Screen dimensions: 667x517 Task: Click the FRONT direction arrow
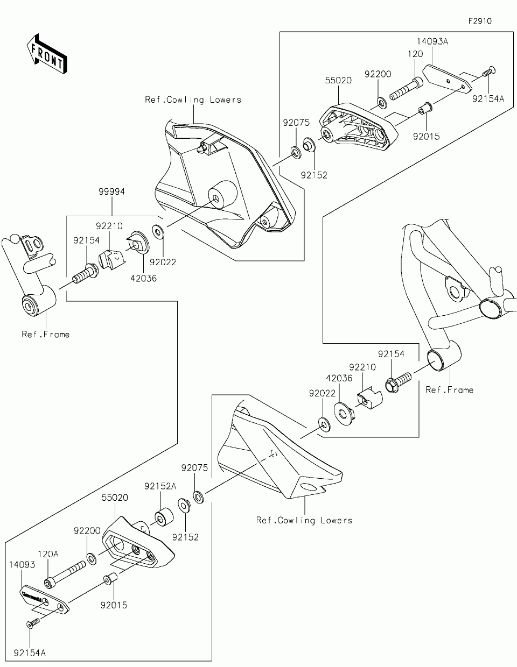(46, 53)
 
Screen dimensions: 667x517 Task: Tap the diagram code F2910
(480, 22)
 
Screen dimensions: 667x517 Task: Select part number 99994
(111, 191)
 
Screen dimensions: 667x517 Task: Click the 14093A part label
(431, 41)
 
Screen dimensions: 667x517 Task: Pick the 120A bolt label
(48, 553)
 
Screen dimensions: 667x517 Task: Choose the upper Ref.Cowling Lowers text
(193, 100)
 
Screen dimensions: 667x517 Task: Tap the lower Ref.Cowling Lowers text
(304, 520)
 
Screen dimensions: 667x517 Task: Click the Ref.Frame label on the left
(45, 334)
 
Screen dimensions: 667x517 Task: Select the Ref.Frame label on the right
(449, 389)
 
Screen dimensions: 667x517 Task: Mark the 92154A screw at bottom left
(33, 623)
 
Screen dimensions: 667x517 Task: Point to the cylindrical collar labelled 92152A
(163, 515)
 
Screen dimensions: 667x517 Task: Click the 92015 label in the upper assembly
(427, 136)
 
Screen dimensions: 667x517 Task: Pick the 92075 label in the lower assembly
(194, 468)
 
